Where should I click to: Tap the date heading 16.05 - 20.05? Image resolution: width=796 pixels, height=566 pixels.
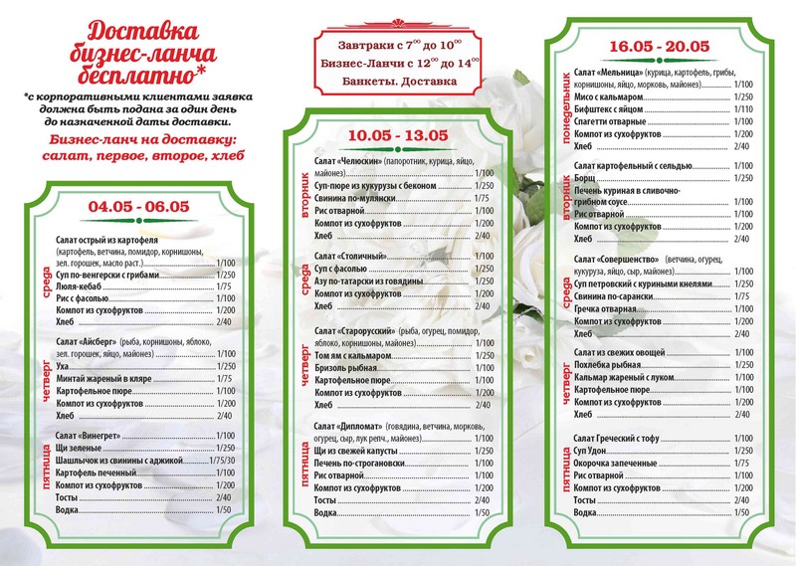coord(658,46)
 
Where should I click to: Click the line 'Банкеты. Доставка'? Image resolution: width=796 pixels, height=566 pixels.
coord(395,81)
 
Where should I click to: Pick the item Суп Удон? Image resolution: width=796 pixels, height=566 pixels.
coord(593,451)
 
